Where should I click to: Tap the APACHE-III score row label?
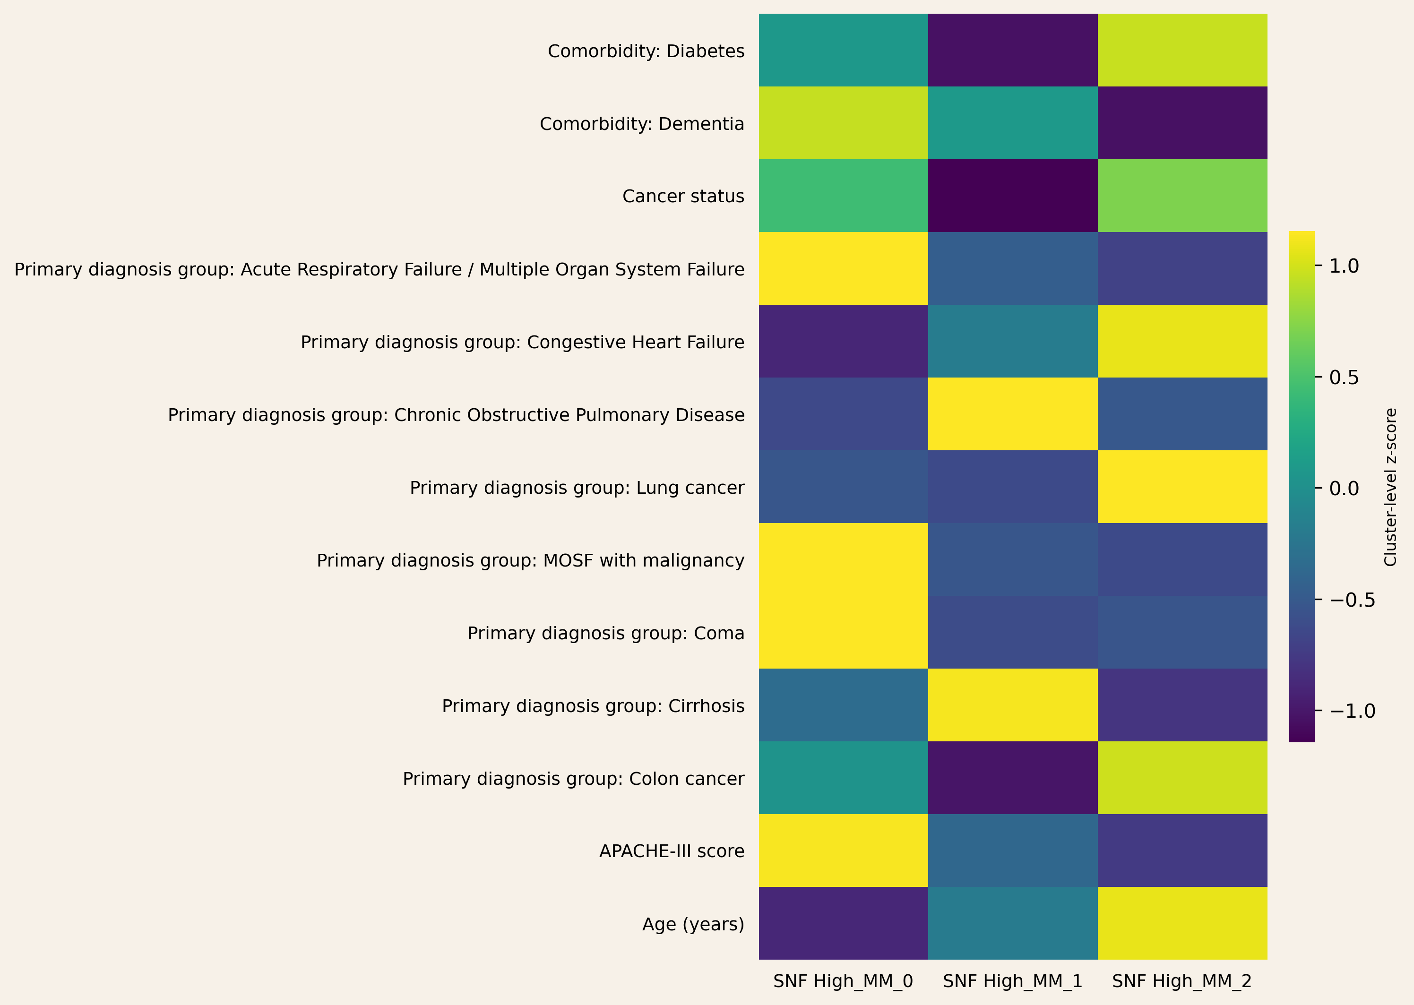point(672,851)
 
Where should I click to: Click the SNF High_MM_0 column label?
point(843,981)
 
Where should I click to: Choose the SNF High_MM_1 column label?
point(1012,981)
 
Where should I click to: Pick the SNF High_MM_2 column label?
point(1181,981)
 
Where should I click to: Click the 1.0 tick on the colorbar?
point(1344,266)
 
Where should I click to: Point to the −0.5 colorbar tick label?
point(1352,600)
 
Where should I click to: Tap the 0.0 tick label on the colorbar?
point(1344,488)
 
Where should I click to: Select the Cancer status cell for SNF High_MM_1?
point(1012,196)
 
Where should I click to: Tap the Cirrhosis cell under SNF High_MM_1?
point(1012,705)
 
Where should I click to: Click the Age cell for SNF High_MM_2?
point(1182,923)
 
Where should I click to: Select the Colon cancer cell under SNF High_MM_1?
point(1012,778)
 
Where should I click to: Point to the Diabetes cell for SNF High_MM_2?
point(1182,50)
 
